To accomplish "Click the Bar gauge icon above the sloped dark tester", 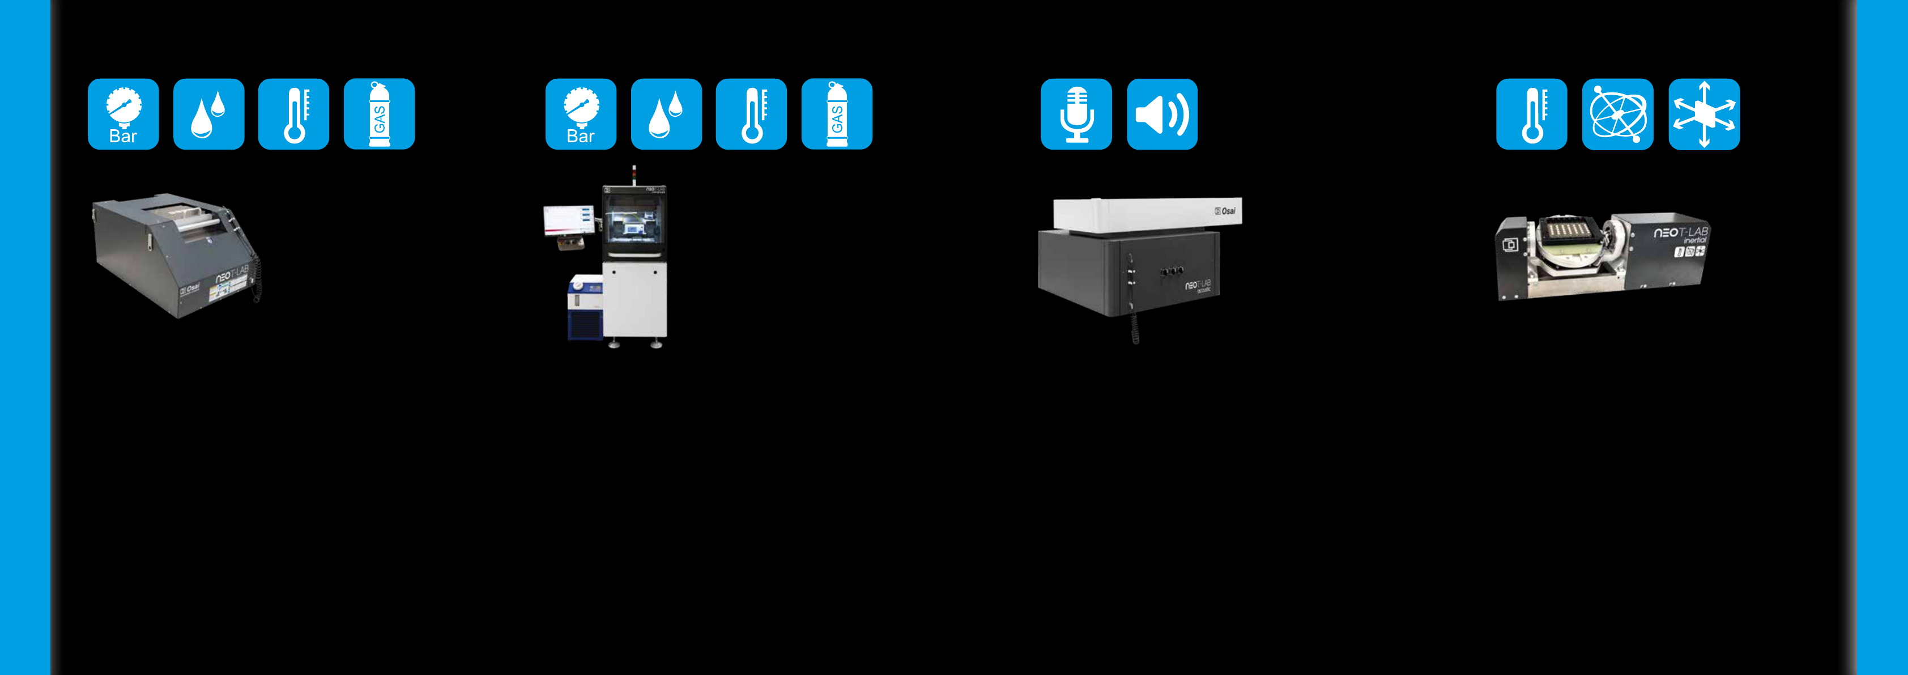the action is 123,114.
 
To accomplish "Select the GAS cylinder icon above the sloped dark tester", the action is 379,114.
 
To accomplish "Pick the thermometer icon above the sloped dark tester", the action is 294,114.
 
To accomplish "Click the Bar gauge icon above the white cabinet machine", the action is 581,114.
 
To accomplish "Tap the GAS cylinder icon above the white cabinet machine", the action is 837,114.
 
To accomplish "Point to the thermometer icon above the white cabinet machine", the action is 752,114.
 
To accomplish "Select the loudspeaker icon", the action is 1162,114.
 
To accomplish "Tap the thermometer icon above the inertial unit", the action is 1532,114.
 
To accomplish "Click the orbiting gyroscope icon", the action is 1617,114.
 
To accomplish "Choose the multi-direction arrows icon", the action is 1704,114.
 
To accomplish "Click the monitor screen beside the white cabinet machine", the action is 568,220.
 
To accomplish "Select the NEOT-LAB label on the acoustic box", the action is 1198,285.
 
